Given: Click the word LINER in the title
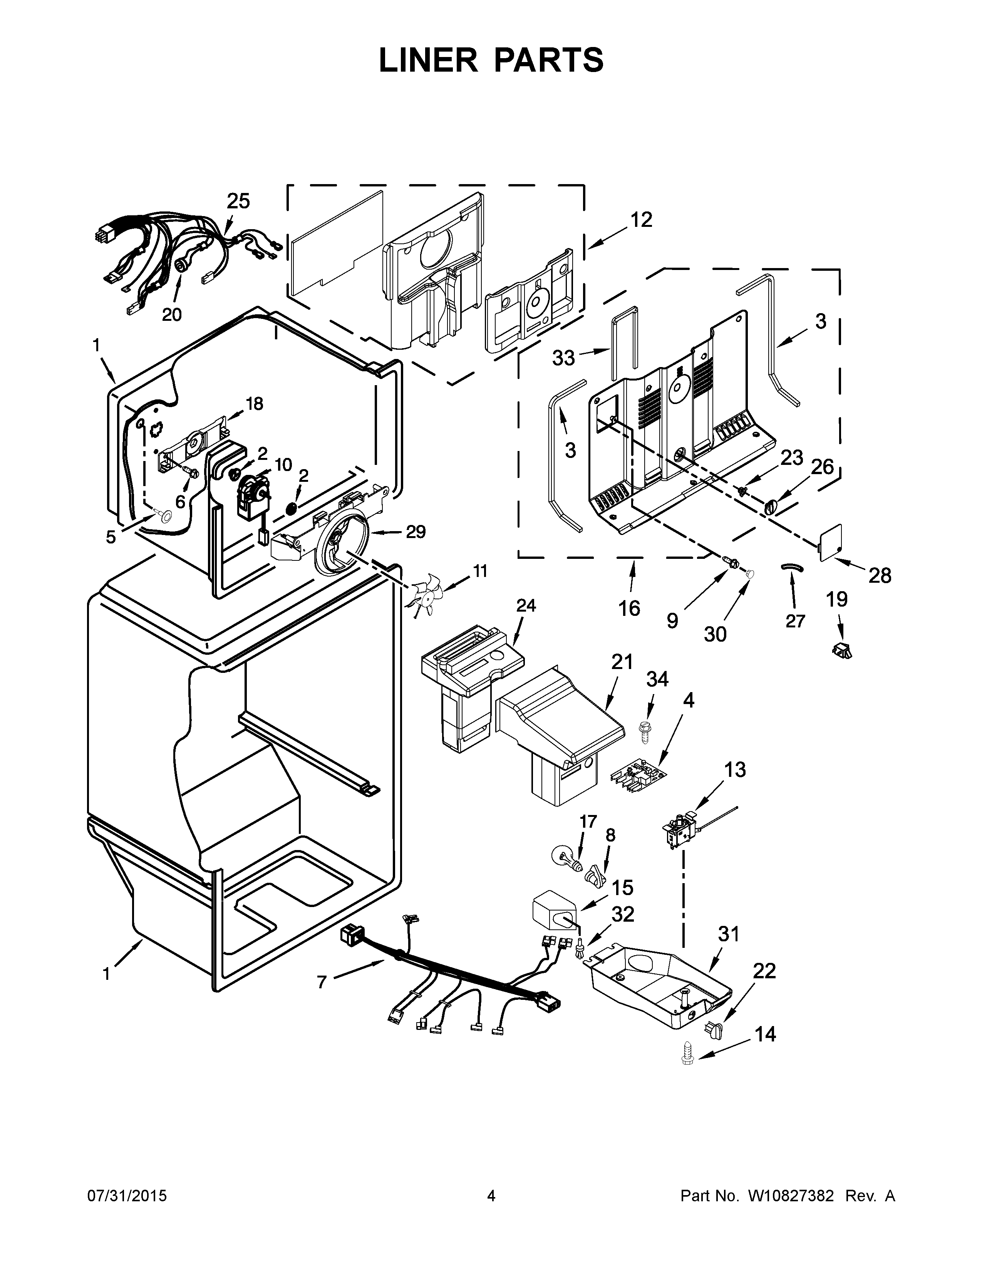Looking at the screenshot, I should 427,60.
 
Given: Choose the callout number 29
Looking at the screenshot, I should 416,532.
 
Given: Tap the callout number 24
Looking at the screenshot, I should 526,606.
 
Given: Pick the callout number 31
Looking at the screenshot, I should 728,934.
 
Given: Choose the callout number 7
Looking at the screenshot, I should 322,982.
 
